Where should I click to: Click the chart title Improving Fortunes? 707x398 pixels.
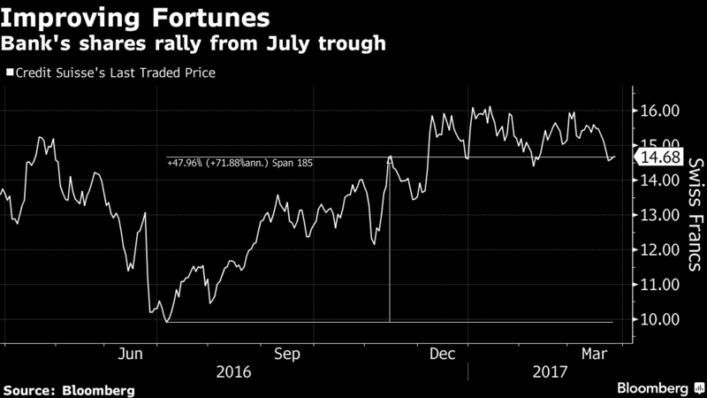coord(135,18)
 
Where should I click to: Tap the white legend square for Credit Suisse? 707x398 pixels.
coord(10,73)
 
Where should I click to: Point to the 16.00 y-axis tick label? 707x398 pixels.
coord(659,111)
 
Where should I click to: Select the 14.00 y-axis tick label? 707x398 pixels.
coord(659,180)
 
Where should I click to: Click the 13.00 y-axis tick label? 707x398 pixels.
coord(659,215)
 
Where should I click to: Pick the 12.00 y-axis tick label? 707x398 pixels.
coord(659,249)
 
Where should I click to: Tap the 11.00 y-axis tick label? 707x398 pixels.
coord(659,284)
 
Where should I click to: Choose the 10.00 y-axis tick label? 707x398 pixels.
coord(659,319)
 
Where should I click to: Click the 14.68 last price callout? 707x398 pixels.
coord(658,157)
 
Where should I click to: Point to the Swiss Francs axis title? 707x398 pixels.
coord(696,214)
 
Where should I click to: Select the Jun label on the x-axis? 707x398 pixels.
coord(130,354)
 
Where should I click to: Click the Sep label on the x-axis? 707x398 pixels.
coord(286,354)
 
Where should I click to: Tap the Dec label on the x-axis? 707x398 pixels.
coord(442,354)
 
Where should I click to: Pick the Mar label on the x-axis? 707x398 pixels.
coord(594,354)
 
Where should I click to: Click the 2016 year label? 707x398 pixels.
coord(233,371)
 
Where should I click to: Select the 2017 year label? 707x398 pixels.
coord(550,371)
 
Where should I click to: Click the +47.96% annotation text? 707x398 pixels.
coord(239,163)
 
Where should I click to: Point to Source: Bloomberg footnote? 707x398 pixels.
coord(69,390)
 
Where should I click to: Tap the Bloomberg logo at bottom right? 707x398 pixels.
coord(660,388)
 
